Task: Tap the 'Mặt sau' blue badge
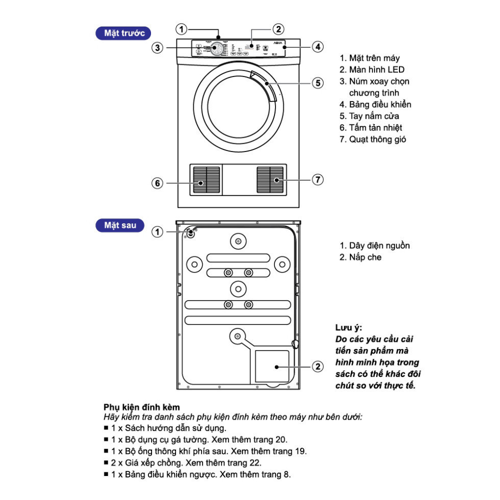120,224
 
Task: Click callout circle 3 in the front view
158,48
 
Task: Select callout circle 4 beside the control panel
317,47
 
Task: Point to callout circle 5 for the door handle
317,83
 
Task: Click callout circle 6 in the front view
158,183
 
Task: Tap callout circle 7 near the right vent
317,180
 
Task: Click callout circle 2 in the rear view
317,366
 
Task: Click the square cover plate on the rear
271,366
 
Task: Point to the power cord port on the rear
191,233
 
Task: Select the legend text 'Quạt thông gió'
378,139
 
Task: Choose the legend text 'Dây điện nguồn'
379,246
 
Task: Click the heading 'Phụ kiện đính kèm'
141,407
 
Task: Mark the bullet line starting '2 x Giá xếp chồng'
186,463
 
